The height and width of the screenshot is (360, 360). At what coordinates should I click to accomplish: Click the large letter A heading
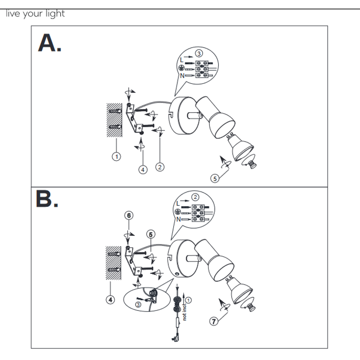click(50, 43)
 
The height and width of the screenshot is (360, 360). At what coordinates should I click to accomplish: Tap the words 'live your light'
click(35, 14)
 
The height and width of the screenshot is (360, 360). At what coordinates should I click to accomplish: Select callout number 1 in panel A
click(116, 157)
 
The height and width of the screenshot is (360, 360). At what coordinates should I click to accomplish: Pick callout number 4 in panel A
click(143, 170)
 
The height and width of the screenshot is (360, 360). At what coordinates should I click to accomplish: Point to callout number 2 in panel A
click(160, 167)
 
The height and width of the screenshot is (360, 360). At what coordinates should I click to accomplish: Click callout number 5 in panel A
click(215, 179)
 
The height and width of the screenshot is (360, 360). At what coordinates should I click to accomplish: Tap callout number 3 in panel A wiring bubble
click(199, 54)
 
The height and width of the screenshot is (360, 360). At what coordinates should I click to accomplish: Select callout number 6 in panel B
click(129, 215)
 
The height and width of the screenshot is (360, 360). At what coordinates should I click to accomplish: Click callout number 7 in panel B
click(214, 321)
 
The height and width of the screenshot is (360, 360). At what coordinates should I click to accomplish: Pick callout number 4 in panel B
click(111, 300)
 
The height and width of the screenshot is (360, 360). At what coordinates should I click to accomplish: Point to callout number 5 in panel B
click(150, 234)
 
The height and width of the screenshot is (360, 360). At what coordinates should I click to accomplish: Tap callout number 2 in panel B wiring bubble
click(195, 197)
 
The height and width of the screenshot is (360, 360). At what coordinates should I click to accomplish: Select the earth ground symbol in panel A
click(181, 68)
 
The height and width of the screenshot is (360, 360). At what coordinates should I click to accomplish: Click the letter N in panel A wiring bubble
click(182, 76)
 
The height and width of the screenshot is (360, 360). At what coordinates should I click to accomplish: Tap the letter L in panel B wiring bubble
click(178, 203)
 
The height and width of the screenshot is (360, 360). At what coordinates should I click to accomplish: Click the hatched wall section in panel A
click(114, 120)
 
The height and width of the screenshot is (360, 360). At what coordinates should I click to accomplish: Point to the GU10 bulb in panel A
click(240, 147)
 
